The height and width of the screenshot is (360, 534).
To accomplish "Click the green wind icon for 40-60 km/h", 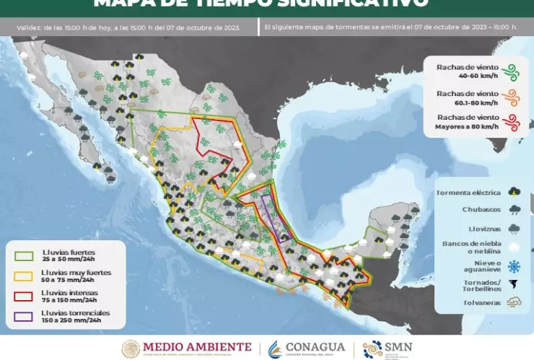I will pos(511,71).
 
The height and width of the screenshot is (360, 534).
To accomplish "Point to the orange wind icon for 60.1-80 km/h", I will pos(511,97).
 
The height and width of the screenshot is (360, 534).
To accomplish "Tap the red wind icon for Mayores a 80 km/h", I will pos(511,121).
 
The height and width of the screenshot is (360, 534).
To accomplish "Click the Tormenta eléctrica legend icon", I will pos(513,193).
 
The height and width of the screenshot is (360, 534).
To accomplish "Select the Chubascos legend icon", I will pos(513,210).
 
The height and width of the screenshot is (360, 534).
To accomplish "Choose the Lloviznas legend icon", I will pos(513,228).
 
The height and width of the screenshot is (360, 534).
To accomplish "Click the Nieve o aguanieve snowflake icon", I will pos(513,265).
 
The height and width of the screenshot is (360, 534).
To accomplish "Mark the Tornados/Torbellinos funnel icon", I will pos(513,284).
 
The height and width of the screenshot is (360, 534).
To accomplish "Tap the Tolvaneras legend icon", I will pos(513,302).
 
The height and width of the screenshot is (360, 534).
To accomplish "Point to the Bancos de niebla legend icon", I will pos(513,247).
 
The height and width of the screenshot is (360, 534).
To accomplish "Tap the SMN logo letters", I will pos(398,346).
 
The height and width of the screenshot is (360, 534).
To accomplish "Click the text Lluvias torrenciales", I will pos(76,312).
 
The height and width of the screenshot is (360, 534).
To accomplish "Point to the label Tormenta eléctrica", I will pos(468,193).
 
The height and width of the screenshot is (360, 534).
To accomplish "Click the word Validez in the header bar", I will pos(30,28).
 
